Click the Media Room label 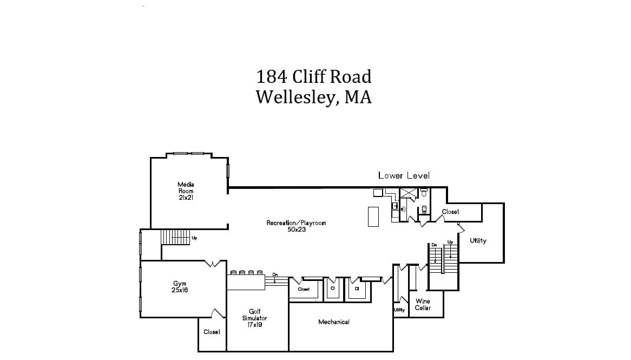coord(186,191)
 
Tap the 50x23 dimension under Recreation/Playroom coord(297,230)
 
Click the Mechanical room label coord(333,322)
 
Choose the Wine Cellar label coord(423,304)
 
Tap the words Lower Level coord(404,175)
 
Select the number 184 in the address coord(272,76)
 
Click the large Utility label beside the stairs coord(478,240)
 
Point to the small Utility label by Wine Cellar coord(399,310)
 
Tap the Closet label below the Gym coord(212,332)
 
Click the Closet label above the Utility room coord(450,212)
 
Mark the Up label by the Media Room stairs coord(194,238)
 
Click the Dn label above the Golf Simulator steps coord(275,274)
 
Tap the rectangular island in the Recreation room coord(373,217)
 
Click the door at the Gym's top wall coord(213,264)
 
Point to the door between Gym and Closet coord(219,313)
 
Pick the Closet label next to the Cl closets coord(304,289)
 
